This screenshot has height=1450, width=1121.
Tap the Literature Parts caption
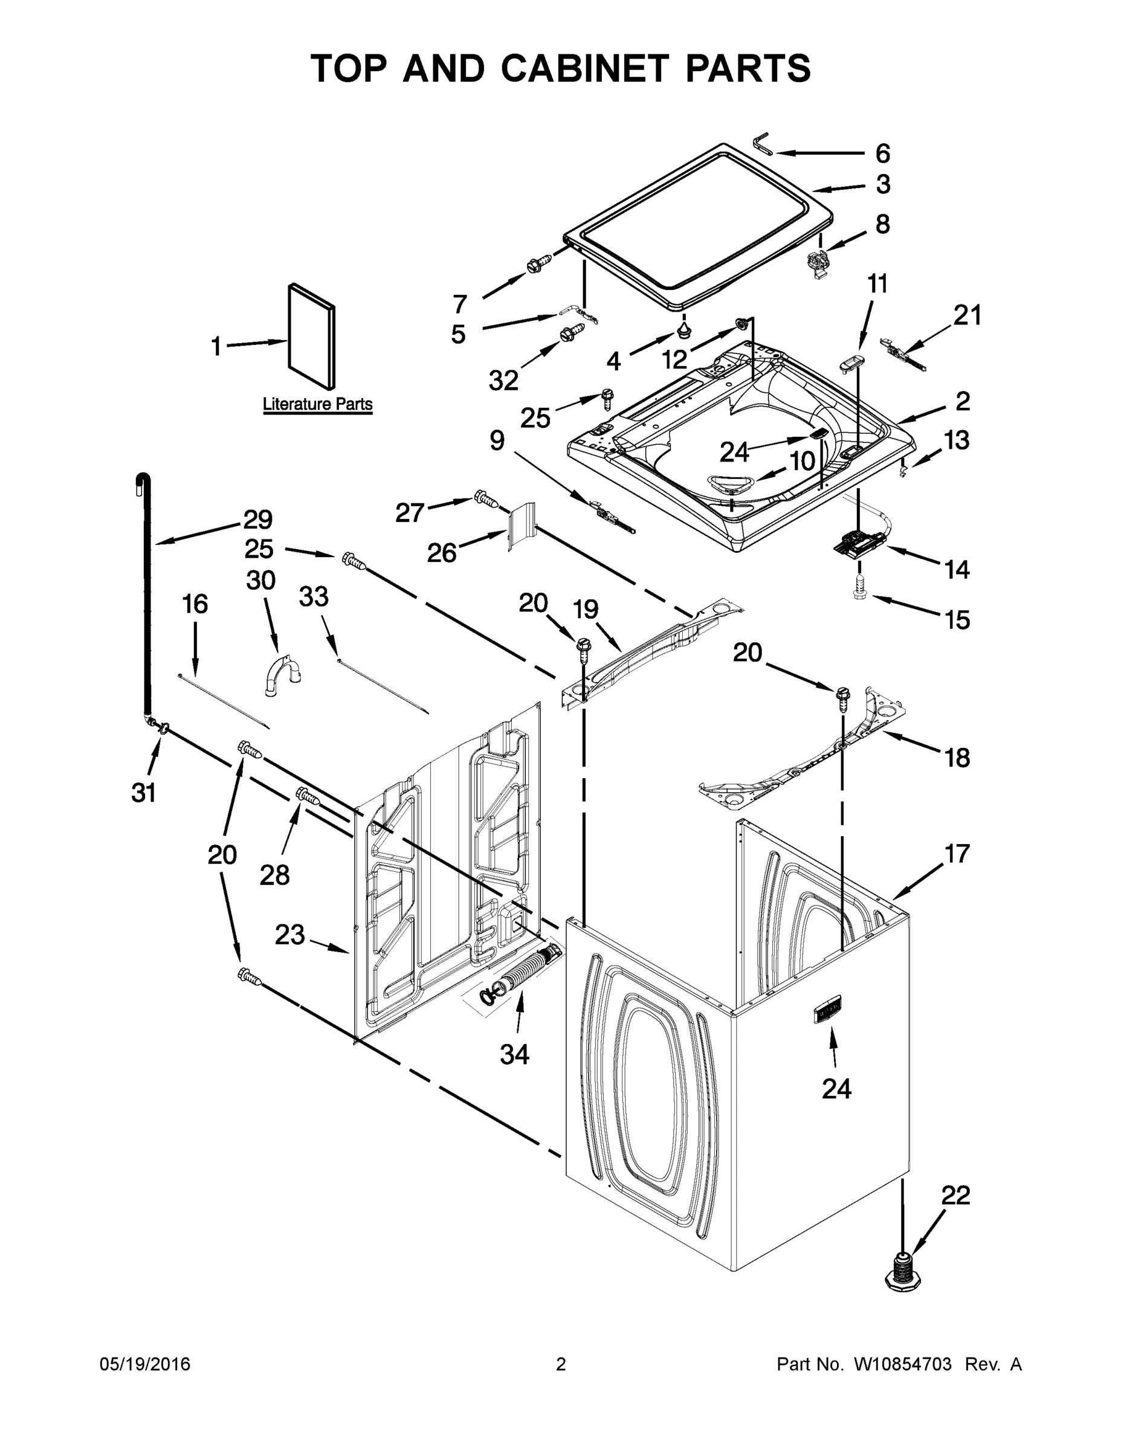(317, 404)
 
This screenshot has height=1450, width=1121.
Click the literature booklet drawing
(311, 336)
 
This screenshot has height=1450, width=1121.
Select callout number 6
(882, 154)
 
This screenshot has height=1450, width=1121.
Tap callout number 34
(514, 1054)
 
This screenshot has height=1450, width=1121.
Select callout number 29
(257, 519)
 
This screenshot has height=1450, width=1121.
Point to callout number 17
(956, 853)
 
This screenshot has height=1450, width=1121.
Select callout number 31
(143, 792)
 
